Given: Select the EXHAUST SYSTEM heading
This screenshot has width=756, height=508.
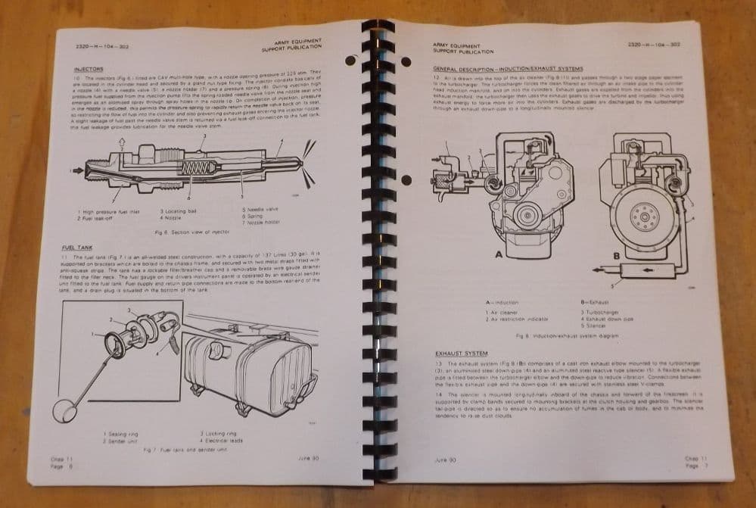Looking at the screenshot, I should (x=462, y=353).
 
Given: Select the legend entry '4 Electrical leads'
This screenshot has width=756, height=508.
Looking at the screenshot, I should (x=222, y=439).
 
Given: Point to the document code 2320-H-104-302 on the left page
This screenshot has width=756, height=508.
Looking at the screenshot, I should (x=95, y=46).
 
